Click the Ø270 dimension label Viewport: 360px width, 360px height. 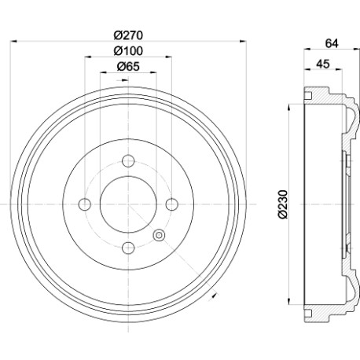(x=128, y=35)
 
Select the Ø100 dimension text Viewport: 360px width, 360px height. (x=128, y=51)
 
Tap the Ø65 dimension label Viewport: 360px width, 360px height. (x=128, y=66)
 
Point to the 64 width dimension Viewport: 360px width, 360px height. (x=332, y=43)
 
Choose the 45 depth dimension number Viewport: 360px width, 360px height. (x=323, y=64)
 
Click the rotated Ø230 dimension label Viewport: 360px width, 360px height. (x=283, y=204)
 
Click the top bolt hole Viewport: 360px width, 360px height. (x=128, y=161)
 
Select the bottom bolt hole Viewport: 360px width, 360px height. (x=128, y=248)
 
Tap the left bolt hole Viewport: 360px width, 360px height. (x=85, y=204)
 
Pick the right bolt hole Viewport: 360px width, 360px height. (x=172, y=204)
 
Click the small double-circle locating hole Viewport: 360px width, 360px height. (x=159, y=235)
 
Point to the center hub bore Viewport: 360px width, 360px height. (x=128, y=204)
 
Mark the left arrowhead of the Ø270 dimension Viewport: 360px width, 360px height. (x=13, y=41)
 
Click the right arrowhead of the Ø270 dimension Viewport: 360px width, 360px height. (x=244, y=41)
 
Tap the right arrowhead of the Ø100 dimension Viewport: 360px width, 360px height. (x=169, y=57)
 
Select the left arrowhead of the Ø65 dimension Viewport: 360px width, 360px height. (x=104, y=72)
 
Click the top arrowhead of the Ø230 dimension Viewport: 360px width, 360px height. (x=289, y=108)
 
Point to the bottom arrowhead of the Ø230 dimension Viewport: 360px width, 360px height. (x=289, y=301)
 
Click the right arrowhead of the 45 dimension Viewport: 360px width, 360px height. (x=339, y=69)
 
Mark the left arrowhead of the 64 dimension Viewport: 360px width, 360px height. (x=307, y=49)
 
